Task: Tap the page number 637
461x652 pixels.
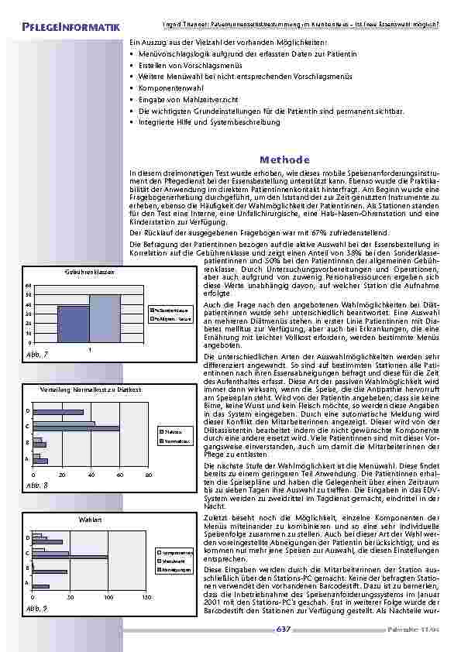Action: coord(284,629)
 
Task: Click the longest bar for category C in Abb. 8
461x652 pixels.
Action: coord(76,427)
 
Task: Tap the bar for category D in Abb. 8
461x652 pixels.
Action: coord(58,411)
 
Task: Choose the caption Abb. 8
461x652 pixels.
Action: coord(36,485)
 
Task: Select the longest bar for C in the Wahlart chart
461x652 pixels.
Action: coord(51,554)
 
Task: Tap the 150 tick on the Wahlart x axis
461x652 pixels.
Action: coord(146,598)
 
